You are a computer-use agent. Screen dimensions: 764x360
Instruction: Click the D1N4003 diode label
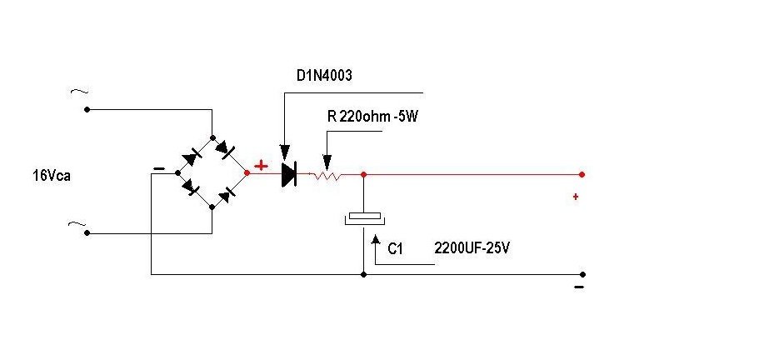click(x=324, y=76)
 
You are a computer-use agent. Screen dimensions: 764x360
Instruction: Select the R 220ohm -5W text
click(x=372, y=117)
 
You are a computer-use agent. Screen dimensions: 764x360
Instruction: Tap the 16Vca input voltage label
click(x=52, y=176)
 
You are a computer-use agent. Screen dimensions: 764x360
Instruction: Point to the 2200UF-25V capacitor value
click(x=472, y=248)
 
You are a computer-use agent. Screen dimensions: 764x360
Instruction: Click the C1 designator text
click(x=395, y=249)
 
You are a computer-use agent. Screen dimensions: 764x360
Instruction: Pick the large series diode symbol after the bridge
click(x=289, y=174)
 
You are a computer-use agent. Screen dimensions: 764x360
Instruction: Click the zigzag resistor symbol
click(x=326, y=175)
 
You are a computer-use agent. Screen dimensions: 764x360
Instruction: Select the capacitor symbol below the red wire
click(x=364, y=218)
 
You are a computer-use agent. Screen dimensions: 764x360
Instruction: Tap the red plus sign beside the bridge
click(x=261, y=166)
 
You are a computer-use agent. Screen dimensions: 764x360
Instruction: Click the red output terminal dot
click(x=582, y=174)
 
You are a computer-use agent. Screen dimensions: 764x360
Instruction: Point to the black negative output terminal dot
click(x=582, y=275)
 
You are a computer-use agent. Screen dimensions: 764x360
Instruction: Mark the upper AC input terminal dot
click(x=87, y=110)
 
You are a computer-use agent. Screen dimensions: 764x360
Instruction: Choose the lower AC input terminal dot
click(x=87, y=234)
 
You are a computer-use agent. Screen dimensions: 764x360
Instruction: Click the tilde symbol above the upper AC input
click(x=79, y=92)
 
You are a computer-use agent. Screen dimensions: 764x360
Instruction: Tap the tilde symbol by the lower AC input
click(x=77, y=224)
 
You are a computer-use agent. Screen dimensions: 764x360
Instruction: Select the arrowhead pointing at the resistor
click(x=327, y=162)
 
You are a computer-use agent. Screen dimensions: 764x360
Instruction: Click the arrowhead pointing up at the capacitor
click(x=375, y=240)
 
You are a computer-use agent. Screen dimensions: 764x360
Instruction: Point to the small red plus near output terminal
click(x=576, y=197)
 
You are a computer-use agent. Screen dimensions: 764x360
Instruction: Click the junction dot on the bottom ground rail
click(x=363, y=275)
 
